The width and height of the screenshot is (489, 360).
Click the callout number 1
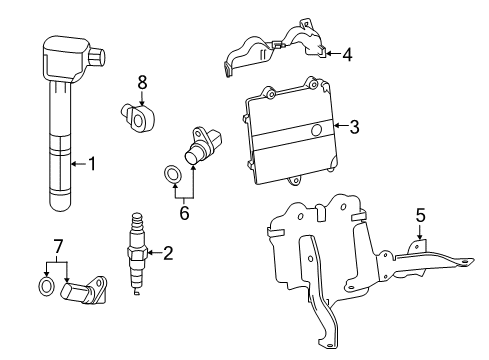91,164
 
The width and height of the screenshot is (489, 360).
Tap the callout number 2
168,253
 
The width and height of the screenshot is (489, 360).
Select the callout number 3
354,127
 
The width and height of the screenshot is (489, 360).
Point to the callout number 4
347,54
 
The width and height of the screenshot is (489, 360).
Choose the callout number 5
420,215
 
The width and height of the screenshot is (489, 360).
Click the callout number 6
184,213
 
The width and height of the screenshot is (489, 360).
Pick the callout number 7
58,247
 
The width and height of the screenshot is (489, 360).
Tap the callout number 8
142,83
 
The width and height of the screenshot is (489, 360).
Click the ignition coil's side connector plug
97,56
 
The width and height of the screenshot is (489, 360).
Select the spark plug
137,253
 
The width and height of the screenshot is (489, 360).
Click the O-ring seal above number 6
173,174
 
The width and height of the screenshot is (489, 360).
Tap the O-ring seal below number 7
47,286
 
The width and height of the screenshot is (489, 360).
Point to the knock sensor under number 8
138,117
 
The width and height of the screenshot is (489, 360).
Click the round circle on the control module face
316,130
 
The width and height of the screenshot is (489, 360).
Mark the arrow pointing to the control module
341,126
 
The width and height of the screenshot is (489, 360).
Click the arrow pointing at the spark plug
153,253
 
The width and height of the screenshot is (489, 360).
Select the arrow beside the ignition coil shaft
78,164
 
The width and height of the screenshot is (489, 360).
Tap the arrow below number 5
420,232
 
